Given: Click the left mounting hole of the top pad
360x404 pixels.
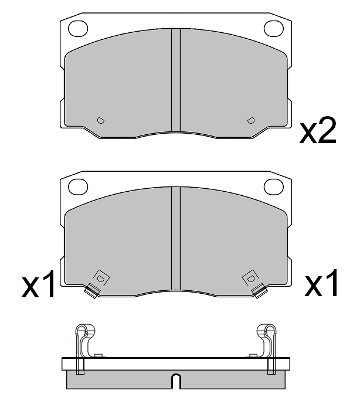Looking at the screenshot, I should [78, 27].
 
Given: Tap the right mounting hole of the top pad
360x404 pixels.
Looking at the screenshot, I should [273, 27].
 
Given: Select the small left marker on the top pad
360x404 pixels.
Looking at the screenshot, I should [100, 120].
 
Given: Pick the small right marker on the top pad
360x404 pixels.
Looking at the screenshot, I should [251, 120].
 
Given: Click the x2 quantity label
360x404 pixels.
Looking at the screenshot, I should [318, 133].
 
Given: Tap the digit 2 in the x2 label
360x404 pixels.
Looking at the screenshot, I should [327, 133].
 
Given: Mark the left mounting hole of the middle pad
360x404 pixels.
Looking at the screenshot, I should [78, 186].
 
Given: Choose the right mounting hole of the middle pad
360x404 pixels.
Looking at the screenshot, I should [273, 186].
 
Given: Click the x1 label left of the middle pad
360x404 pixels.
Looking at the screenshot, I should [39, 286].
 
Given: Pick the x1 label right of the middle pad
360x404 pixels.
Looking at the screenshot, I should [321, 284].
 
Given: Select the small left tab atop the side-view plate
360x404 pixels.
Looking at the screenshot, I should [99, 355].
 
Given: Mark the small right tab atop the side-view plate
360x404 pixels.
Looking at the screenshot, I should [253, 355].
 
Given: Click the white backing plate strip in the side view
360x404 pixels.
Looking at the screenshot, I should [176, 364].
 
